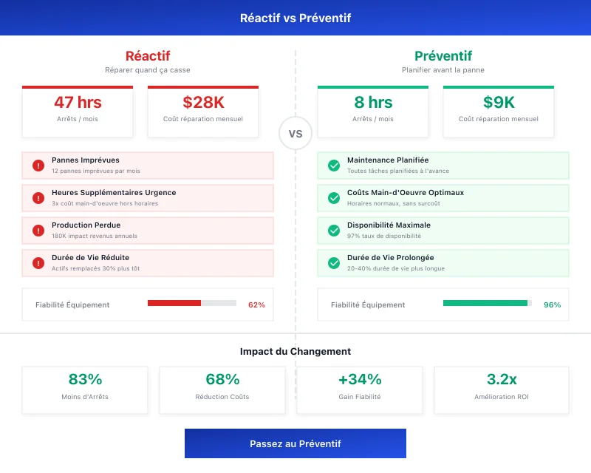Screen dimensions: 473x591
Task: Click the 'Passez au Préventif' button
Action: tap(295, 443)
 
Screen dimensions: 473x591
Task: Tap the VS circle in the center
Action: tap(295, 134)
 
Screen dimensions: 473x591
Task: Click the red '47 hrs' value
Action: tap(78, 103)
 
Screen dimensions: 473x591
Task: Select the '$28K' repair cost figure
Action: tap(203, 103)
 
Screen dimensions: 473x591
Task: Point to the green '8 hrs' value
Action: tap(373, 103)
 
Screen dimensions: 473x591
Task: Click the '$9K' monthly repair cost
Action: tap(499, 103)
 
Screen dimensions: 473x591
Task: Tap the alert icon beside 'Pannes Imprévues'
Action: tap(38, 166)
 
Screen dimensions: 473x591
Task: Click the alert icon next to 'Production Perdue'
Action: tap(38, 231)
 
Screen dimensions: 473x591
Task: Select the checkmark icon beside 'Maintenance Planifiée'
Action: tap(334, 166)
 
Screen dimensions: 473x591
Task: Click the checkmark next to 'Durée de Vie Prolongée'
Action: tap(334, 263)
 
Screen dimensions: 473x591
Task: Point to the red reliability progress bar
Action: tap(174, 303)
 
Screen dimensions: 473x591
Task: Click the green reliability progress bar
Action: tap(485, 303)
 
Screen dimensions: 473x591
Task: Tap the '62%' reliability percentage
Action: tap(256, 304)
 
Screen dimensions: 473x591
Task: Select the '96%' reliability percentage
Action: tap(552, 304)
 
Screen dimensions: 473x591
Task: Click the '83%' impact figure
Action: tap(85, 380)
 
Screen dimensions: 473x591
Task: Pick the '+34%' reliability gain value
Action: tap(360, 380)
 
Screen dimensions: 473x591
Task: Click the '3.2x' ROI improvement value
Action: tap(502, 380)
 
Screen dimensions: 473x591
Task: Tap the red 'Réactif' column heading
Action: tap(148, 56)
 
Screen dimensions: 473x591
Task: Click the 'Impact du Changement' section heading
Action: tap(295, 352)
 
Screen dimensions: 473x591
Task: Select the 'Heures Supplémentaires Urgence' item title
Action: tap(114, 193)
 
